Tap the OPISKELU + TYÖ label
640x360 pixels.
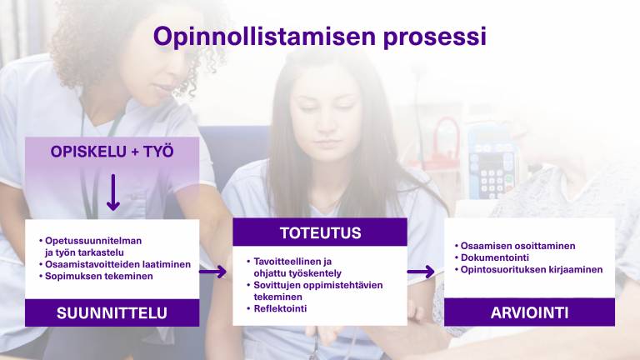coord(112,152)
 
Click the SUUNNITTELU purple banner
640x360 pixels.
coord(112,313)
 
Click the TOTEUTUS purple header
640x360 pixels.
coord(320,232)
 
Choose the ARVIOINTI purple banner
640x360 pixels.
coord(529,312)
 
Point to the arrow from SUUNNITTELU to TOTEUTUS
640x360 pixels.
coord(213,272)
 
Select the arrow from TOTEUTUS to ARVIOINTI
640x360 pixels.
coord(421,272)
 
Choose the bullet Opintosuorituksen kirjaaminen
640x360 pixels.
coord(531,270)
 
